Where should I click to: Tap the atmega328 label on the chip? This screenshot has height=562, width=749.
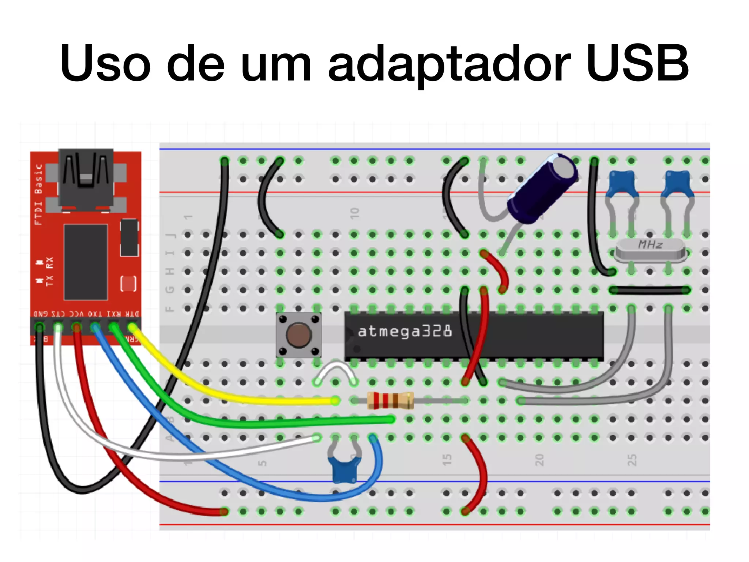tap(404, 331)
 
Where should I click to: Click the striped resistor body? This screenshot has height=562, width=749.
tap(390, 401)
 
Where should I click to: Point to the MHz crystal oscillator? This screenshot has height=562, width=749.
tap(650, 250)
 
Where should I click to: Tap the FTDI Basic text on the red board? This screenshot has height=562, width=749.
tap(38, 194)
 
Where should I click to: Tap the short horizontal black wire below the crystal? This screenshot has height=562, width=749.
tap(650, 291)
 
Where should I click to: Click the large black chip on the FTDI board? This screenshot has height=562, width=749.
tap(86, 262)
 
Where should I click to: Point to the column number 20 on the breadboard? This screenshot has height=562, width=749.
tap(539, 460)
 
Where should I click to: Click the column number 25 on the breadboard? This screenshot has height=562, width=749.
tap(632, 460)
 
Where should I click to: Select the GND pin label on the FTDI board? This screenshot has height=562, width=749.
tap(41, 314)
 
